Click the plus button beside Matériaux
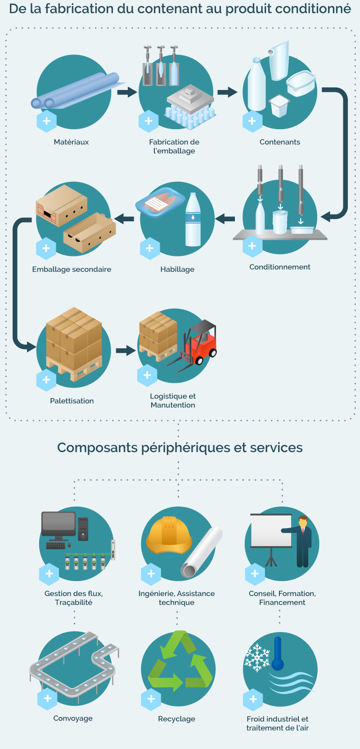click(46, 121)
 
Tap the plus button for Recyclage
click(151, 699)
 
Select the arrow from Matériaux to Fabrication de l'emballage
click(127, 92)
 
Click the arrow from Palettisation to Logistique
click(126, 350)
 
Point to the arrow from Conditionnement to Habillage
click(225, 219)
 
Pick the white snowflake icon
click(257, 658)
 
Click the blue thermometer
click(278, 653)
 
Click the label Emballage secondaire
click(72, 269)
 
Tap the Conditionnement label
click(280, 267)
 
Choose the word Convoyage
click(73, 718)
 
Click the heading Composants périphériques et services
click(180, 448)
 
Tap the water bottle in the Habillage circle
click(193, 220)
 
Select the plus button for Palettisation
click(46, 380)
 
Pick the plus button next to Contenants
click(252, 121)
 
